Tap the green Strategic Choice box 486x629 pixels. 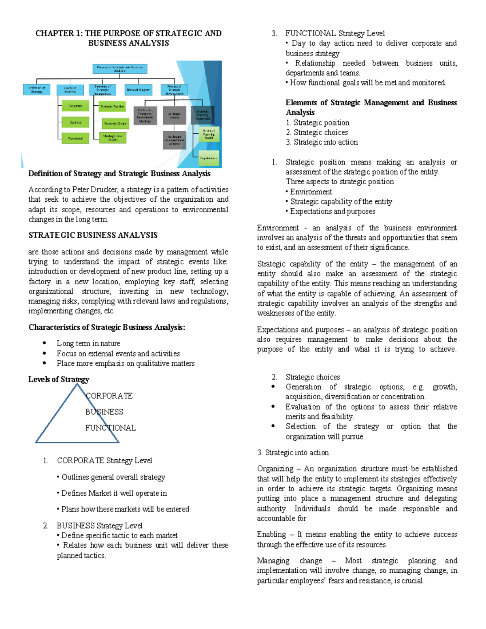pos(115,123)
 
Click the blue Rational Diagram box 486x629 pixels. pos(138,90)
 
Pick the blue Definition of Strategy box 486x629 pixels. pos(36,90)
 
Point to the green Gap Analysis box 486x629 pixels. pos(209,158)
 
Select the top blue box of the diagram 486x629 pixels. pos(120,69)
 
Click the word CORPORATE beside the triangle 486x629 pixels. pos(109,396)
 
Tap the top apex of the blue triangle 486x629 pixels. pos(77,384)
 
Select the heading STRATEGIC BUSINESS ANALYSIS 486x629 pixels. pos(93,235)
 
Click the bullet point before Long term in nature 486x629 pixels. pos(45,343)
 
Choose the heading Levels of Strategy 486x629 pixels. pos(59,380)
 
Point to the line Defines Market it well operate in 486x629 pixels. pos(114,493)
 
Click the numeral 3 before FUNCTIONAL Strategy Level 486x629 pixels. pos(274,34)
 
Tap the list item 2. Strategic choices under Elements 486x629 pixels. pos(317,132)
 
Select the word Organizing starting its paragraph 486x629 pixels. pos(275,469)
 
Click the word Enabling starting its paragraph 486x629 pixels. pos(271,535)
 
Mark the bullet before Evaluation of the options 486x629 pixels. pos(273,407)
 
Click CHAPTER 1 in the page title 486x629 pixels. pos(58,34)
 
